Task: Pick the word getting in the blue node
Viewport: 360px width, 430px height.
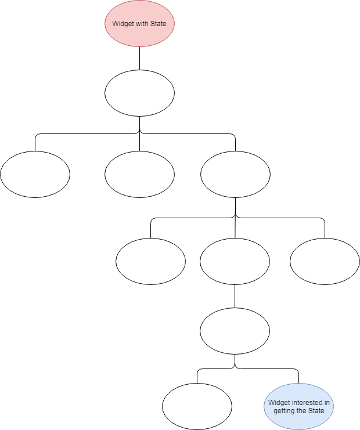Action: coord(285,410)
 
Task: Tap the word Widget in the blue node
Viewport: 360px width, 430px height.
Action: coord(279,402)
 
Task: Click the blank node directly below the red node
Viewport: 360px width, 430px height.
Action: coord(139,93)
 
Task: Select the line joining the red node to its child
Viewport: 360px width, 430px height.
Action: coord(139,58)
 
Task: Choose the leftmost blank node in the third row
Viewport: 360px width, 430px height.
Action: coord(35,174)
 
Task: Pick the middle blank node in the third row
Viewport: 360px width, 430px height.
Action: coord(139,174)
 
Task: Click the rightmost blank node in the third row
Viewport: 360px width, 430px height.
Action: coord(235,174)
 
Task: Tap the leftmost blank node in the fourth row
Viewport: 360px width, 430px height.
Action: coord(151,261)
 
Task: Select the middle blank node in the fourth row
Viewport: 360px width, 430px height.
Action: coord(235,261)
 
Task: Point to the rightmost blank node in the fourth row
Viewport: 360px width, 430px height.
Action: coord(325,261)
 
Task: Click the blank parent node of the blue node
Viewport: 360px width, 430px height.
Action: coord(235,331)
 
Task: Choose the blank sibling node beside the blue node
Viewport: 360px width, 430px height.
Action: coord(197,406)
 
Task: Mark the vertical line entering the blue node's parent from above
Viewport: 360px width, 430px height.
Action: coord(235,296)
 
